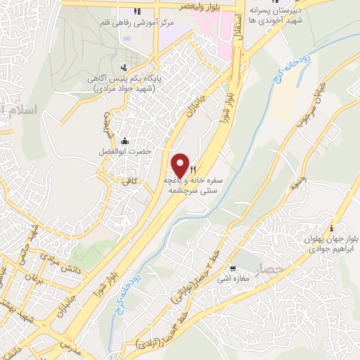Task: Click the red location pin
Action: tap(181, 165)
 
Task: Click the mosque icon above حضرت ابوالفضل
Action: tap(125, 141)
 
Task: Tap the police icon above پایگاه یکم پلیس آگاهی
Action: tap(124, 67)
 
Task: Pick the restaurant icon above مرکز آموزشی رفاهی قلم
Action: tap(137, 11)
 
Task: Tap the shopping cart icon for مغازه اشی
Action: tap(233, 269)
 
